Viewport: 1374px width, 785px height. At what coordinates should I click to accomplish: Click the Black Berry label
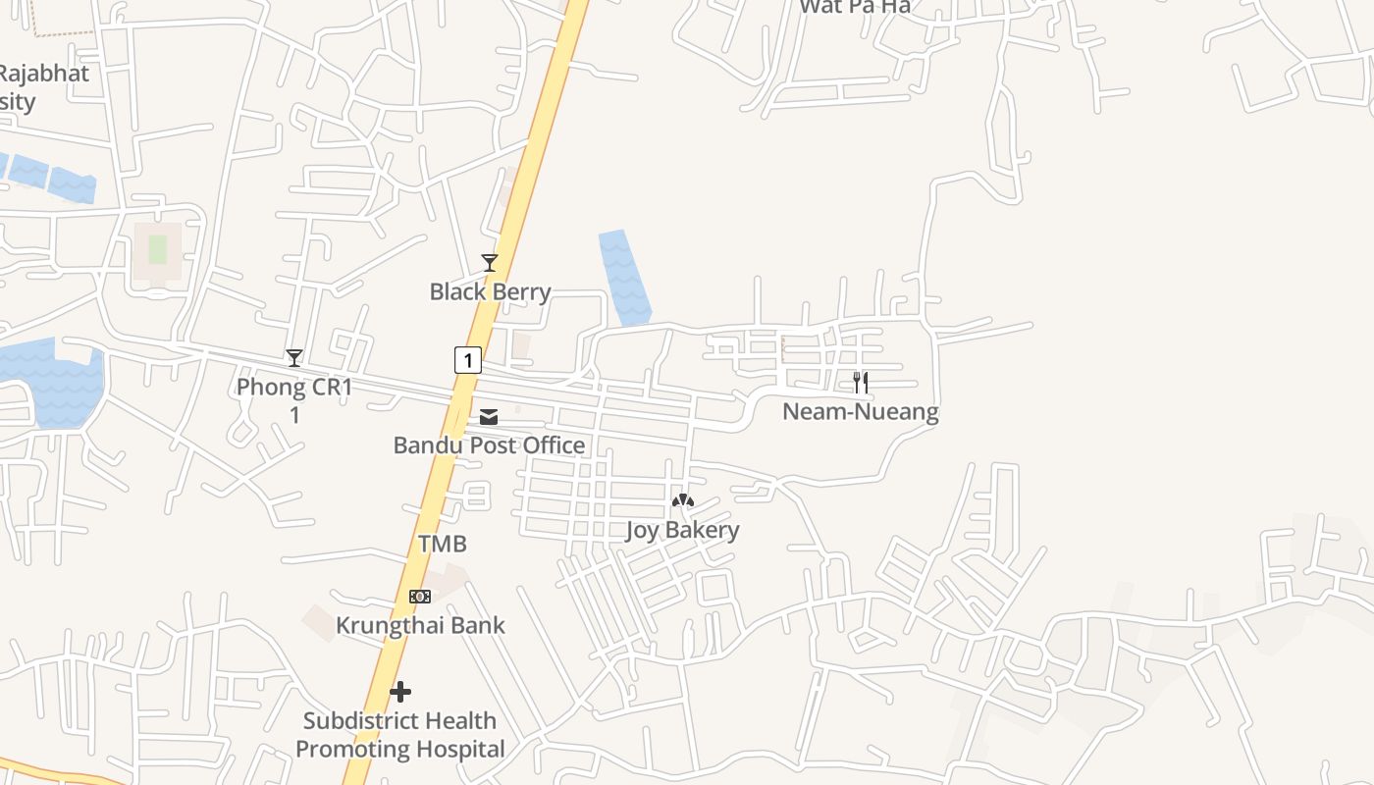pyautogui.click(x=490, y=291)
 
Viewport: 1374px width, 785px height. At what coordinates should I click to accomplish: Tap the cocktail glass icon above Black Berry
pyautogui.click(x=489, y=262)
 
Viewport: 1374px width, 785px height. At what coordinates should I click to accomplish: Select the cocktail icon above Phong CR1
pyautogui.click(x=294, y=358)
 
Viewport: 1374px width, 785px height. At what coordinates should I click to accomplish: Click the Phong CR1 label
pyautogui.click(x=294, y=388)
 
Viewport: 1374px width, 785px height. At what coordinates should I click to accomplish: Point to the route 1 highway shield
pyautogui.click(x=468, y=360)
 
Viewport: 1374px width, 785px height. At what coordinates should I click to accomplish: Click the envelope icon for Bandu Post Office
pyautogui.click(x=489, y=418)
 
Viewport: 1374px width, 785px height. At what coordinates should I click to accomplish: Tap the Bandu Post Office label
pyautogui.click(x=489, y=445)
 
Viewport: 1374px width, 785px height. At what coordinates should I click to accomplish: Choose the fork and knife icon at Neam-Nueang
pyautogui.click(x=860, y=383)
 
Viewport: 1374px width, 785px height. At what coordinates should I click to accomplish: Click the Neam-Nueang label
pyautogui.click(x=860, y=412)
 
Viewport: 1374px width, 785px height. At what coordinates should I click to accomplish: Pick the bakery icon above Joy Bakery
pyautogui.click(x=682, y=501)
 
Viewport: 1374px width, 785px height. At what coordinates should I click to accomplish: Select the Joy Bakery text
pyautogui.click(x=682, y=531)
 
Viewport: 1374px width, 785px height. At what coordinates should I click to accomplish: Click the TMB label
pyautogui.click(x=443, y=544)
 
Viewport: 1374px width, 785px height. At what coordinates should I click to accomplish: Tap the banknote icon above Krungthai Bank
pyautogui.click(x=420, y=597)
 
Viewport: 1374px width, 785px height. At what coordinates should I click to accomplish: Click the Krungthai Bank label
pyautogui.click(x=420, y=625)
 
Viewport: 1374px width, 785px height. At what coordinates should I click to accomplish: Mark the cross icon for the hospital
pyautogui.click(x=400, y=693)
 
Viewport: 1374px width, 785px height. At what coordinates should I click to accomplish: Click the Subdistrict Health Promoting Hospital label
pyautogui.click(x=400, y=735)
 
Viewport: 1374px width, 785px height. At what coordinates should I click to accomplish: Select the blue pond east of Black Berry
pyautogui.click(x=624, y=278)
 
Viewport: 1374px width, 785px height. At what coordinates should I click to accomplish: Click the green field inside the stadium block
pyautogui.click(x=158, y=249)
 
